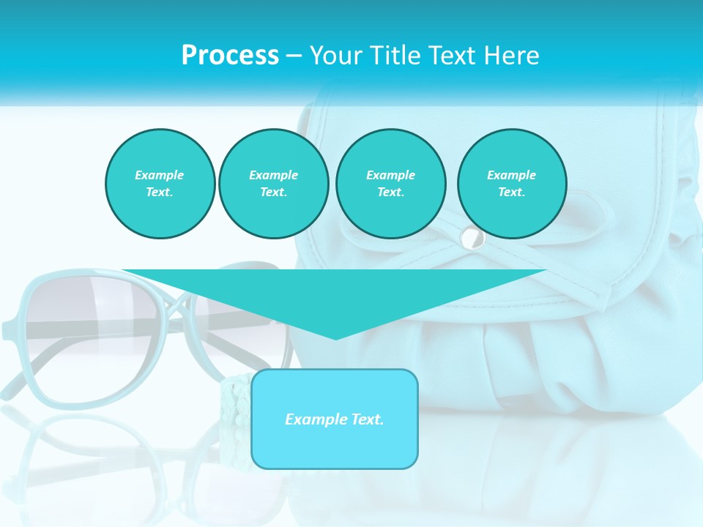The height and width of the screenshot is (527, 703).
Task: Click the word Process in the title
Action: tap(230, 56)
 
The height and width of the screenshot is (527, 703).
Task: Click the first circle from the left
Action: tap(160, 184)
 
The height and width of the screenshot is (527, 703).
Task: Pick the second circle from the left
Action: tap(273, 184)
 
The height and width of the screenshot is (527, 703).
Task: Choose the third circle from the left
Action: tap(390, 184)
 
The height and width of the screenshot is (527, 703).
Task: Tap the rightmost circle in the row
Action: tap(511, 184)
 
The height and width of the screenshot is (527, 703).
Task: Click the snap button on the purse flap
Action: tap(472, 237)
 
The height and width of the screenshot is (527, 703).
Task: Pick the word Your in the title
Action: tap(335, 56)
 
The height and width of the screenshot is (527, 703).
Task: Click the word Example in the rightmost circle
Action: tap(511, 175)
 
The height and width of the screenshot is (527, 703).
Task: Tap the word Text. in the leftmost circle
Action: tap(160, 193)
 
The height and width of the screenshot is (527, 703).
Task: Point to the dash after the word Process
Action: tap(294, 56)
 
